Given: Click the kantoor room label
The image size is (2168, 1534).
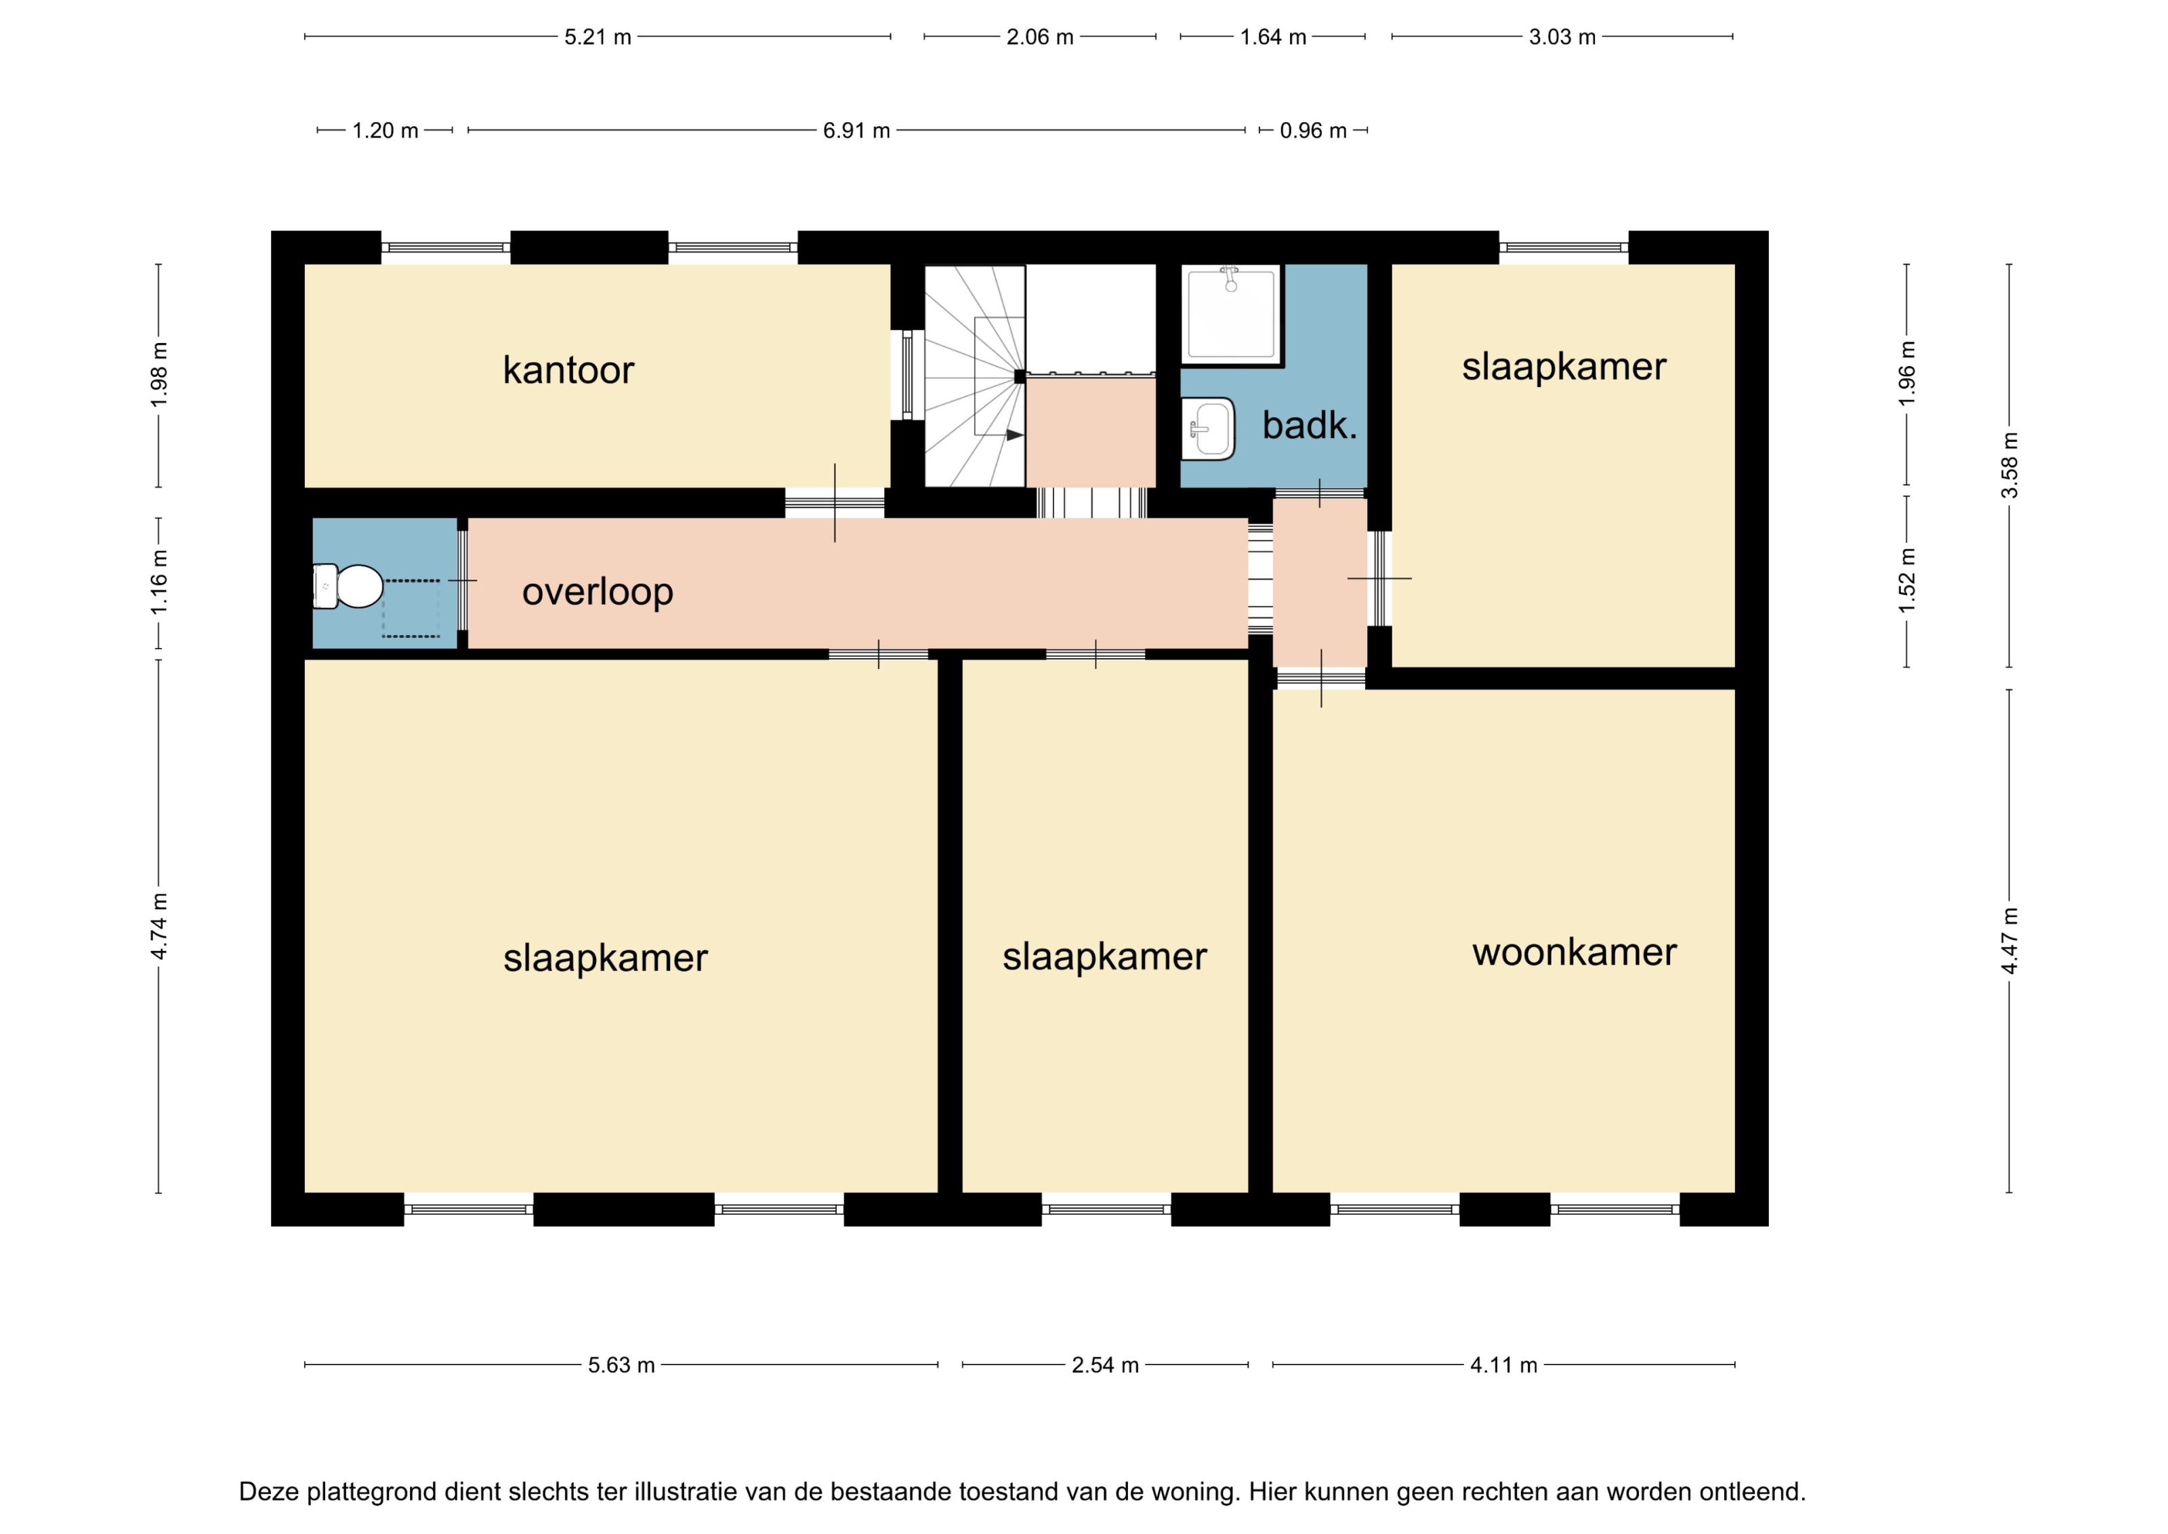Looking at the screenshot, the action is click(x=568, y=369).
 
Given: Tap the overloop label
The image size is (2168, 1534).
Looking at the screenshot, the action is click(x=598, y=592).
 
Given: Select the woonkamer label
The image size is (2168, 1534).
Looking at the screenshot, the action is click(x=1574, y=952).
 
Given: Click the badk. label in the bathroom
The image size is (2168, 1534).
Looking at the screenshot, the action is click(x=1310, y=426).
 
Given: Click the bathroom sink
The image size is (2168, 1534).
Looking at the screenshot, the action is click(x=1208, y=429).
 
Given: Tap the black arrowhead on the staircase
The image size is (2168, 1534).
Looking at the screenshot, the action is click(x=1014, y=435).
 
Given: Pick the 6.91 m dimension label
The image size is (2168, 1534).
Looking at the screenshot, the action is click(x=856, y=130).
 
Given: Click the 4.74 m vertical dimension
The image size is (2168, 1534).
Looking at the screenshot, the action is click(x=159, y=926).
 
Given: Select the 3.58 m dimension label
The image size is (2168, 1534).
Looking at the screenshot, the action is click(x=2009, y=465).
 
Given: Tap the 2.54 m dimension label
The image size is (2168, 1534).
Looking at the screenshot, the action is click(x=1105, y=1365).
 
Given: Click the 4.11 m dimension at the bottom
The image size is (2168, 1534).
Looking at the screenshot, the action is click(x=1503, y=1365).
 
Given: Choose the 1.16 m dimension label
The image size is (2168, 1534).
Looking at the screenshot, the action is click(x=159, y=582).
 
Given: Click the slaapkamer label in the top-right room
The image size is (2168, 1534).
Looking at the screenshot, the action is click(x=1564, y=367).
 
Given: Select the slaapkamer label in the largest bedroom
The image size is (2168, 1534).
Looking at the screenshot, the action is click(x=605, y=958).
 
